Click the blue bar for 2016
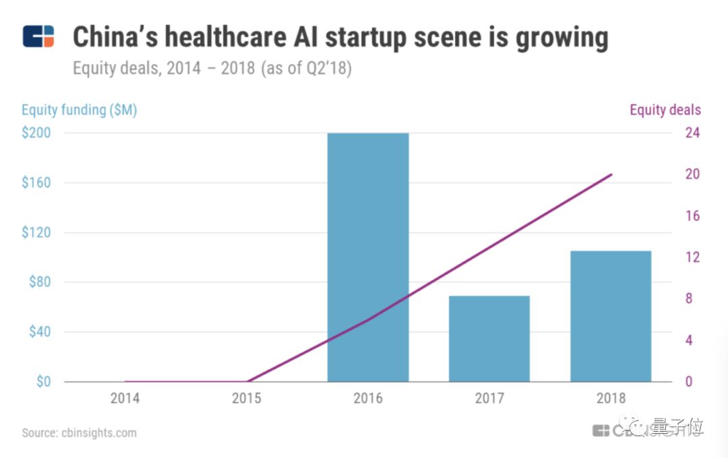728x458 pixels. pyautogui.click(x=368, y=257)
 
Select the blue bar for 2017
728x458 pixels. pyautogui.click(x=489, y=339)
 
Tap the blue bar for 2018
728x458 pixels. pyautogui.click(x=611, y=316)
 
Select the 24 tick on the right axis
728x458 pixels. pyautogui.click(x=692, y=133)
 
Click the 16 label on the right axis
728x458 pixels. pyautogui.click(x=692, y=216)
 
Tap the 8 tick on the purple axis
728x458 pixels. pyautogui.click(x=689, y=298)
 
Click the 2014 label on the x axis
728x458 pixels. pyautogui.click(x=125, y=398)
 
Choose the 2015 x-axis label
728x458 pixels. pyautogui.click(x=247, y=398)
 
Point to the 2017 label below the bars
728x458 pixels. pyautogui.click(x=489, y=398)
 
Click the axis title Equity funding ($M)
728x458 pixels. pyautogui.click(x=80, y=110)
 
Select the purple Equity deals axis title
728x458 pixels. pyautogui.click(x=665, y=110)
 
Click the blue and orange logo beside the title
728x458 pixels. pyautogui.click(x=38, y=36)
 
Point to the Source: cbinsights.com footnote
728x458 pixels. pyautogui.click(x=79, y=432)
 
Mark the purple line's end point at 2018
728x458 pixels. pyautogui.click(x=611, y=174)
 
